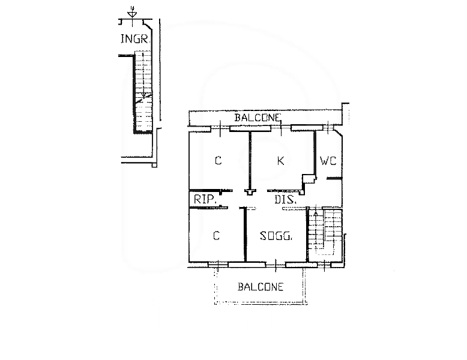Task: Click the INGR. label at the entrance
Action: click(134, 39)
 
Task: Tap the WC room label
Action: click(328, 161)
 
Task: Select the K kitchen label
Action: click(280, 161)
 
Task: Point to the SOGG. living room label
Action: click(276, 236)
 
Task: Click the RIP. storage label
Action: click(205, 199)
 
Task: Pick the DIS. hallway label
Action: click(285, 199)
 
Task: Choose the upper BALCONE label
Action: click(258, 118)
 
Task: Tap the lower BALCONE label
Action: click(261, 287)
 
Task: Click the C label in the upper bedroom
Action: click(218, 161)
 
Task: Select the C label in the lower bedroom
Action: click(217, 236)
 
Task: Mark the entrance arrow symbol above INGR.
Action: click(131, 14)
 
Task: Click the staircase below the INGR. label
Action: click(143, 92)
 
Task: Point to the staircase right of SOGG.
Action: click(325, 232)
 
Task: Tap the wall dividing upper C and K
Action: click(250, 161)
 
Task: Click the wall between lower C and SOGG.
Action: click(246, 235)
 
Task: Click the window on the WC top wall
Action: click(328, 128)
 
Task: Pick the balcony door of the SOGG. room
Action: click(276, 265)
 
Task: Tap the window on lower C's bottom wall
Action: click(218, 264)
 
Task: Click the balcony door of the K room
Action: click(281, 128)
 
